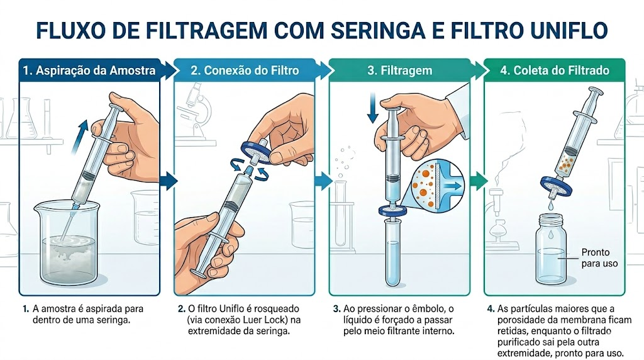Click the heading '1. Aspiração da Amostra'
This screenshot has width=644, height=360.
[89, 70]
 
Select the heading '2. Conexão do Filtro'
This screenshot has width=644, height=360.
[245, 70]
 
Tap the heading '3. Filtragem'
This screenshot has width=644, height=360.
[399, 70]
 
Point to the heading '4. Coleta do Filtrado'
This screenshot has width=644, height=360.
[555, 70]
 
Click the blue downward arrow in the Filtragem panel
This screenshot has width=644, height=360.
[373, 108]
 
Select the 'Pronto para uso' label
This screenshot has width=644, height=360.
[599, 257]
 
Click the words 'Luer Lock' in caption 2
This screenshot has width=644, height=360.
[263, 320]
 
